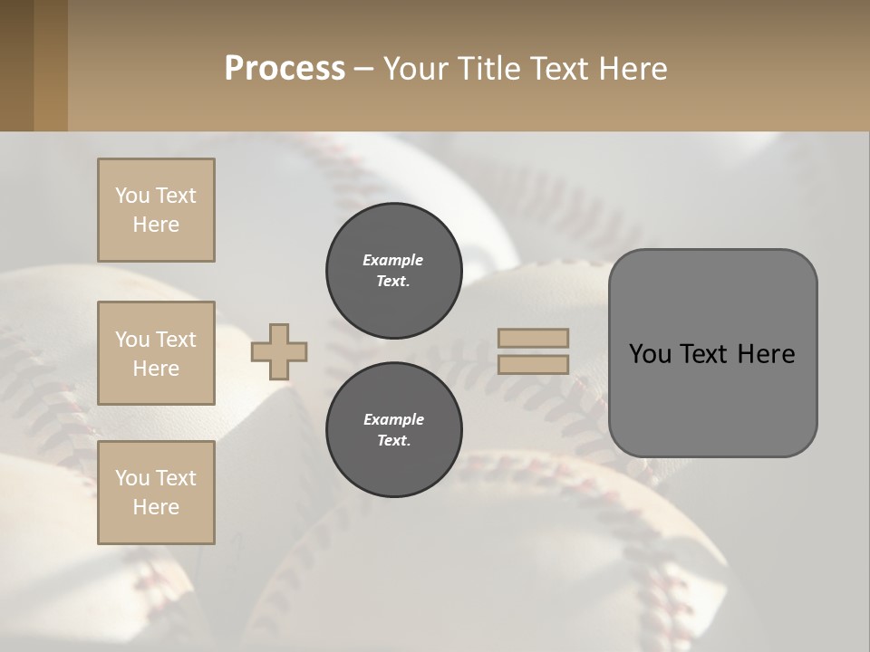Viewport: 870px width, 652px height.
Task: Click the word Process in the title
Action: (285, 68)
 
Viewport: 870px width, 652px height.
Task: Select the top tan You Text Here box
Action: (156, 210)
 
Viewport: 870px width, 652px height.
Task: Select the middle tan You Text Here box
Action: (156, 353)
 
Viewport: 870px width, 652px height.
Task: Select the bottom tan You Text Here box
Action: (156, 493)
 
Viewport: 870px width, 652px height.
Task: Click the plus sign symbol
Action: (279, 351)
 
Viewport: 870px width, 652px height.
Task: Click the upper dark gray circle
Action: (394, 271)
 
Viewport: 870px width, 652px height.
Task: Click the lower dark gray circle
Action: (394, 429)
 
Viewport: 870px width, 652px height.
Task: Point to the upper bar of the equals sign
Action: (534, 338)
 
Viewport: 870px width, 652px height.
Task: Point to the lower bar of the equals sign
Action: (534, 364)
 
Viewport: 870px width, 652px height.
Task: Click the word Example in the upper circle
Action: (393, 260)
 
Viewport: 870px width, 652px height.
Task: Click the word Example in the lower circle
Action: (393, 419)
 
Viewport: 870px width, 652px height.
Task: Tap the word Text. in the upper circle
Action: (393, 282)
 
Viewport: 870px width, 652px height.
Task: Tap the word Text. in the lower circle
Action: (393, 441)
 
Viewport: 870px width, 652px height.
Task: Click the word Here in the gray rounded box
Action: (766, 354)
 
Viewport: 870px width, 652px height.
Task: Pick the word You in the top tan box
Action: (131, 196)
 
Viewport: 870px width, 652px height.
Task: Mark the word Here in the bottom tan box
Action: (156, 507)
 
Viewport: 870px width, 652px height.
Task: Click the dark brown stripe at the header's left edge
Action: (16, 65)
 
